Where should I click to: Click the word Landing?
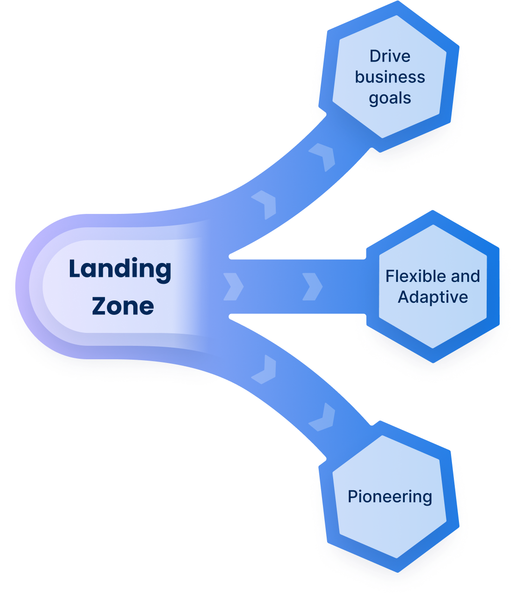[x=120, y=270]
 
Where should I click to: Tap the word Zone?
[x=123, y=306]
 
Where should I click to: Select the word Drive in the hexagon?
[x=390, y=56]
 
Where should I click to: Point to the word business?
[x=390, y=77]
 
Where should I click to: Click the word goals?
[x=390, y=98]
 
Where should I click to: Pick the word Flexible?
[x=410, y=276]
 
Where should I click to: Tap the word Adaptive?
[x=433, y=297]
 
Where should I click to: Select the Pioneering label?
[x=390, y=497]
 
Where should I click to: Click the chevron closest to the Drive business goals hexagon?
[x=324, y=156]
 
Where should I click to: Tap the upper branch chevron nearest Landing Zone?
[x=265, y=204]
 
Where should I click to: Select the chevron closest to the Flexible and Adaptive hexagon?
[x=312, y=287]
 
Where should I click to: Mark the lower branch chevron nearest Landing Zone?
[x=265, y=369]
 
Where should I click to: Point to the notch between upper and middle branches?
[x=230, y=256]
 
